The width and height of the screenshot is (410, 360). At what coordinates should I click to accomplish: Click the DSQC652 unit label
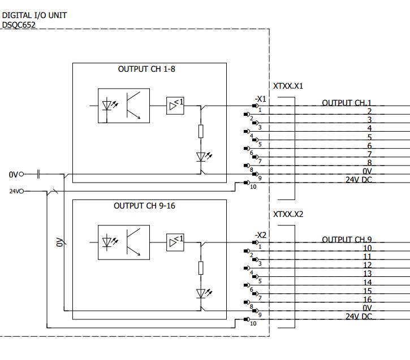coord(19,25)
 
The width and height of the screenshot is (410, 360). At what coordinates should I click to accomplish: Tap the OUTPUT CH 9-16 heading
coord(144,206)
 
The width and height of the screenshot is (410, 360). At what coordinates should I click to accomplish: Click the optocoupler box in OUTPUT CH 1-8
coord(124,106)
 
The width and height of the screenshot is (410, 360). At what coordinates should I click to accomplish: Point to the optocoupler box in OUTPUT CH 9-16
coord(124,242)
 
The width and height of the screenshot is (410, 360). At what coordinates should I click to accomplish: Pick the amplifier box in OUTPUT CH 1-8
coord(175,105)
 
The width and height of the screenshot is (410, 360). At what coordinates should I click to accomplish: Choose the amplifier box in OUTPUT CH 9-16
coord(175,242)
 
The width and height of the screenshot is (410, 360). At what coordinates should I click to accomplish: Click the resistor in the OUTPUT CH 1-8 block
coord(201,132)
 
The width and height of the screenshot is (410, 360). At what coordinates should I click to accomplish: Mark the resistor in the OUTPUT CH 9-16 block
coord(201,268)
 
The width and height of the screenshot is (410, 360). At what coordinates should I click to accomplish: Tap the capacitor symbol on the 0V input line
coord(38,174)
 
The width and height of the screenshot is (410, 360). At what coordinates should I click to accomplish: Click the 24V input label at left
coord(15,192)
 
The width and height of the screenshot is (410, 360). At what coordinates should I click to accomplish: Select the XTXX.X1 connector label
coord(288,86)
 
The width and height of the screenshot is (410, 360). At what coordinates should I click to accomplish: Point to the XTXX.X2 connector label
coord(288,215)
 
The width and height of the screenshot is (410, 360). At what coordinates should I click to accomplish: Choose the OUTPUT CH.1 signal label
coord(347,103)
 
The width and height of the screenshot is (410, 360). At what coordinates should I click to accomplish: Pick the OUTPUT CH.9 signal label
coord(347,240)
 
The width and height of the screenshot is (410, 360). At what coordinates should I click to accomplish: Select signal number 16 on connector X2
coord(367,300)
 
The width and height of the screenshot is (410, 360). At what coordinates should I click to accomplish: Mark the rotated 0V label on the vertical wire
coord(59,242)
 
